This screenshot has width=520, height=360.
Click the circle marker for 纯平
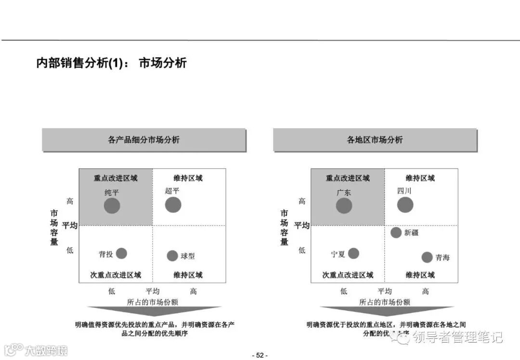[112, 206]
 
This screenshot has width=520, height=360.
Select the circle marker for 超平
[173, 205]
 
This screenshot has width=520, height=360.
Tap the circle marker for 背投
[121, 253]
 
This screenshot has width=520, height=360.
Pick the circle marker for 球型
[172, 256]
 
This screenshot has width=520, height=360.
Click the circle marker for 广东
[344, 206]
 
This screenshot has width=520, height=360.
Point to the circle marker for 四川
[405, 205]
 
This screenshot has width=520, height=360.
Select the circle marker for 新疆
[396, 232]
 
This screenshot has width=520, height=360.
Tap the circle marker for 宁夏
[353, 253]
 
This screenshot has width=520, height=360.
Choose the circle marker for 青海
[427, 257]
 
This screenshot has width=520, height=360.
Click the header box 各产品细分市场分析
[143, 140]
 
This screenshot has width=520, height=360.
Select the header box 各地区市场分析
[375, 140]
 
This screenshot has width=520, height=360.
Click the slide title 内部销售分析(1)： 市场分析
[111, 63]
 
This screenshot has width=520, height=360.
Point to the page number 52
[260, 355]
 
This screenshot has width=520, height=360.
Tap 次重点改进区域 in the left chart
[116, 275]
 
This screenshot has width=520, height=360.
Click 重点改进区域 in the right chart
[348, 178]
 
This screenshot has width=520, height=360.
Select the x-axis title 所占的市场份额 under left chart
[153, 302]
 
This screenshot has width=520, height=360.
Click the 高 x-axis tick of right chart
[425, 291]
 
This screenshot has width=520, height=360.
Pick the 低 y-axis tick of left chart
[70, 250]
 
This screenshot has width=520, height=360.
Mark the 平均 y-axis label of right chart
[302, 225]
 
